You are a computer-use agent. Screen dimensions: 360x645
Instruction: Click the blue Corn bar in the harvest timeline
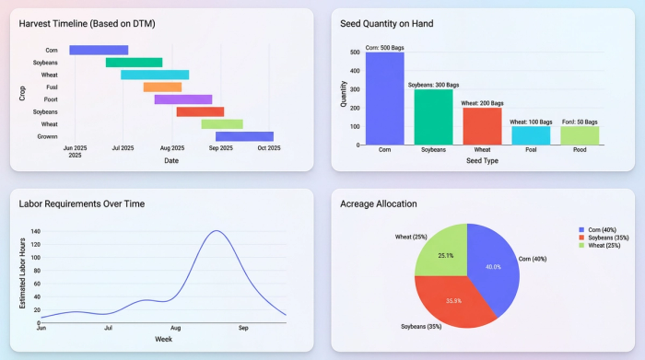[99, 50]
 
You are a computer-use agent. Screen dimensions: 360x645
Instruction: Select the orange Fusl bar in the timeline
[162, 87]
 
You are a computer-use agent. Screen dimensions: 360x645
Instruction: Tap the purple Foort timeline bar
[182, 99]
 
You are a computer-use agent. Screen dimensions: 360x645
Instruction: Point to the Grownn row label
[47, 136]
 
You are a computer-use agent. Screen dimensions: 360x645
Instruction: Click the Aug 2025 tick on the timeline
[172, 147]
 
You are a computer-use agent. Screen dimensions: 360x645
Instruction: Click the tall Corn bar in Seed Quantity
[384, 99]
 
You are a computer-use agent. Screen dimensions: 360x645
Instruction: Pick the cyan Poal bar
[531, 135]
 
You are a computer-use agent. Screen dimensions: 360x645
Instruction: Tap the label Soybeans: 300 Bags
[433, 84]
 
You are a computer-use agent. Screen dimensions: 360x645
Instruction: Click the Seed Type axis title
[482, 161]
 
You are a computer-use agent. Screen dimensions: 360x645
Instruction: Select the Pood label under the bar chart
[580, 149]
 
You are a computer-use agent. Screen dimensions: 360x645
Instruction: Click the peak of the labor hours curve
[217, 231]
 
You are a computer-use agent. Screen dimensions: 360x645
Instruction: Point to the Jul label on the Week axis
[109, 327]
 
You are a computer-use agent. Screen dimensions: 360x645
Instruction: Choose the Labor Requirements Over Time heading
[81, 203]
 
